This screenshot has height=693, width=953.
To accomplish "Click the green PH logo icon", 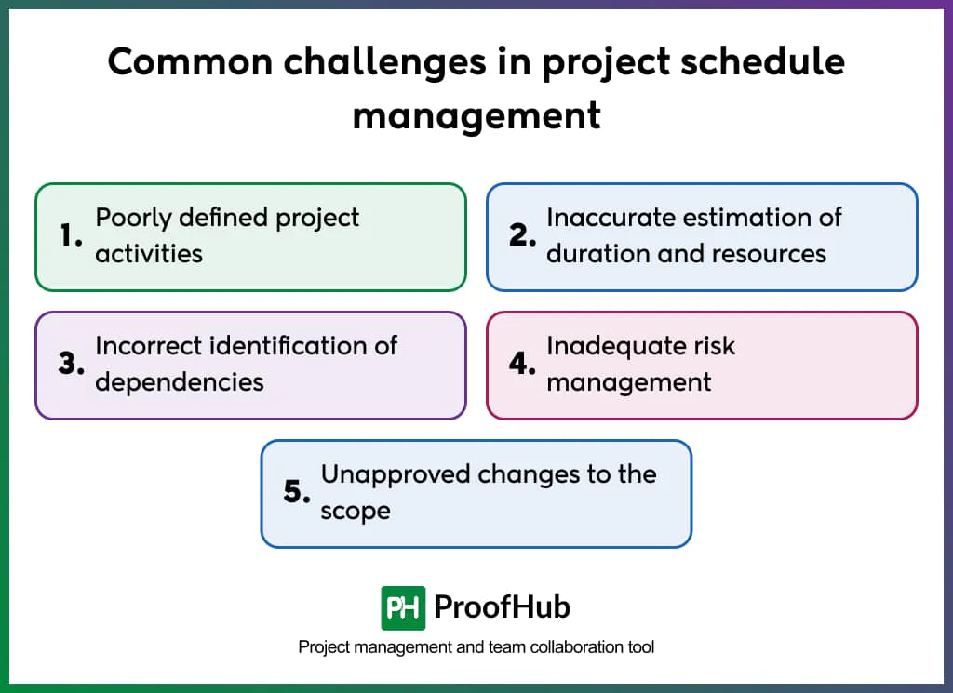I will point(403,608).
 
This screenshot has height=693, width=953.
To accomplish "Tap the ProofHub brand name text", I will point(503,607).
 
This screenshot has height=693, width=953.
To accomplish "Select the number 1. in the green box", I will point(72,236).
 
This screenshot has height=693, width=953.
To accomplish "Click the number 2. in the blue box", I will point(523,236).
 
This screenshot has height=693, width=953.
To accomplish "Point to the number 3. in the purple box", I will point(72,365).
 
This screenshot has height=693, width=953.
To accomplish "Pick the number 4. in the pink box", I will point(523,365).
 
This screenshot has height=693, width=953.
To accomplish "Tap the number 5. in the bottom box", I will point(297,493).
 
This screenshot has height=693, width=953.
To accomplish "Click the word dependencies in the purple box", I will point(180,382).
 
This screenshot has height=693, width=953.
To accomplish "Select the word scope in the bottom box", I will point(356,511).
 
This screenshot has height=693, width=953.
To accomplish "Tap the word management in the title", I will point(476,116).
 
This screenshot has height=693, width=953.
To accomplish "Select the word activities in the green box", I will point(149,254).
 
